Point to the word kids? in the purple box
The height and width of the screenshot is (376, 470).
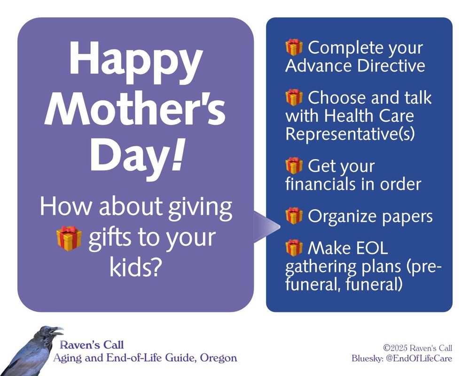pos(136,267)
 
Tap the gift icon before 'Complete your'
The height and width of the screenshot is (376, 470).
pos(294,47)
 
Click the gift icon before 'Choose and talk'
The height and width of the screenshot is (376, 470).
pos(294,98)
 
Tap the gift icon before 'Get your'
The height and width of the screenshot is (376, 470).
pos(294,166)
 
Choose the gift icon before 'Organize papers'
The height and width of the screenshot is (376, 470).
pos(294,216)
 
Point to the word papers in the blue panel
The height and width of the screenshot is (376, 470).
pos(406,217)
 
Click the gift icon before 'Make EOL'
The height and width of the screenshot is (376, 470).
pos(294,248)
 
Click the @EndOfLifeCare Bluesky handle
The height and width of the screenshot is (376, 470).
pos(421,359)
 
